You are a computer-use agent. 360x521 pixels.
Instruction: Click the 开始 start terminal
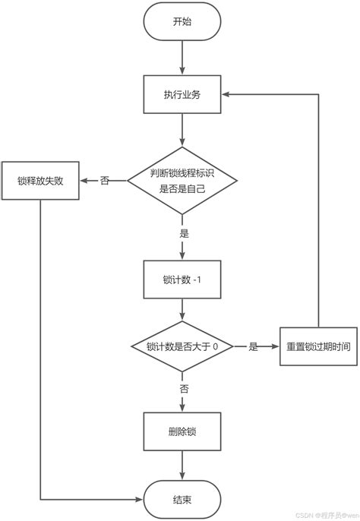(182, 22)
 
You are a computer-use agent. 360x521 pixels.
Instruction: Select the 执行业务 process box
(182, 95)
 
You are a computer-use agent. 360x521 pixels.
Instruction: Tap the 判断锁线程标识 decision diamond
(182, 180)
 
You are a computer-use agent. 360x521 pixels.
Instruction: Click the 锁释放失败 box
(39, 181)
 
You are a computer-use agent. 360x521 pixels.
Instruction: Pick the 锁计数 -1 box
(182, 280)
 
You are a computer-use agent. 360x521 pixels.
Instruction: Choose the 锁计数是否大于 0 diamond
(182, 346)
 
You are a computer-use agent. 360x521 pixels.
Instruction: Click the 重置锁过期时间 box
(318, 346)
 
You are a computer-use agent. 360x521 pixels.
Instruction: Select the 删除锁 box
(182, 433)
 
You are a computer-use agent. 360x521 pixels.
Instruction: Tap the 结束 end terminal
(182, 499)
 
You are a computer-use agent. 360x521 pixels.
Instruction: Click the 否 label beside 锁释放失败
(104, 181)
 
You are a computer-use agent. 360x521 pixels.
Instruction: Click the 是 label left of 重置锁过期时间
(253, 346)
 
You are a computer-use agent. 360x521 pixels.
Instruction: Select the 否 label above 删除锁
(184, 388)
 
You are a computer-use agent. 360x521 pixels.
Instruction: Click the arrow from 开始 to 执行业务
(182, 57)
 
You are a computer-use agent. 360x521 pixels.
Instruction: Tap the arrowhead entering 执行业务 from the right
(226, 95)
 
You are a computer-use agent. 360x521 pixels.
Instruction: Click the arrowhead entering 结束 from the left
(140, 499)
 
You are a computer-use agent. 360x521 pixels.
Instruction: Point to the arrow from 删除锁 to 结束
(182, 466)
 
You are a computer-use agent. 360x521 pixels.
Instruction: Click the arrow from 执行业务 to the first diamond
(182, 129)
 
